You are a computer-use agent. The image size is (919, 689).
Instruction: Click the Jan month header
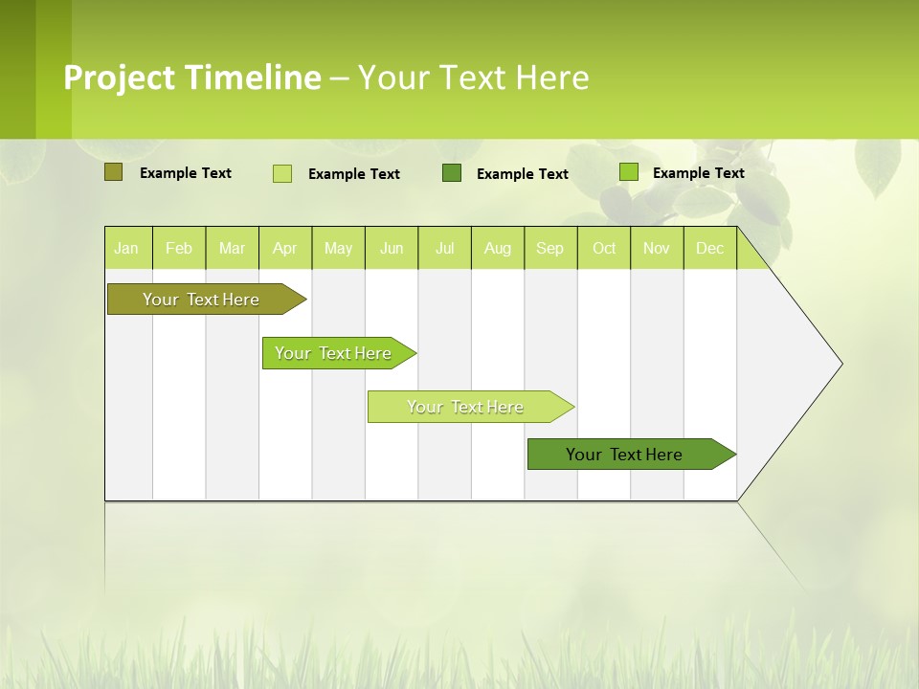point(126,248)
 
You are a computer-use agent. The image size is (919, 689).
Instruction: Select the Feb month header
point(179,248)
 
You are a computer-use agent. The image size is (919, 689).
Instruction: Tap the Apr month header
point(284,248)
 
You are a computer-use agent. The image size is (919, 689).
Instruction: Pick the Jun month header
point(392,248)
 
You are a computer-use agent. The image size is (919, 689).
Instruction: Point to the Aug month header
point(497,248)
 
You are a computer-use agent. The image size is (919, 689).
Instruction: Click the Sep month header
point(549,248)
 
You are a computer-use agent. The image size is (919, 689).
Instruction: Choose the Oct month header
point(604,248)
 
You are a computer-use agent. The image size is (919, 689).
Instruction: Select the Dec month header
point(709,248)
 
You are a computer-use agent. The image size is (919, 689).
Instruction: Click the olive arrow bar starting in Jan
point(201,300)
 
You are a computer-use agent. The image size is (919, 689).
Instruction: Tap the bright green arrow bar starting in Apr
point(333,353)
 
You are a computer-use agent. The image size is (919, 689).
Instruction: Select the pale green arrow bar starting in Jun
point(465,407)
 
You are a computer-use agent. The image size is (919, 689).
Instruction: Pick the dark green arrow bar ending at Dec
point(624,455)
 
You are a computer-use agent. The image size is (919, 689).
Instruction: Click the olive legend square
point(113,172)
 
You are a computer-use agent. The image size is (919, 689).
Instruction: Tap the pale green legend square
point(282,173)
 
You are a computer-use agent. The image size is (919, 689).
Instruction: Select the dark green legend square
point(452,173)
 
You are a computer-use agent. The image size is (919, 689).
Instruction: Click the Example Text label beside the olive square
point(186,173)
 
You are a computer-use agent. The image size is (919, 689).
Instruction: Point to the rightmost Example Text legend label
point(698,173)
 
